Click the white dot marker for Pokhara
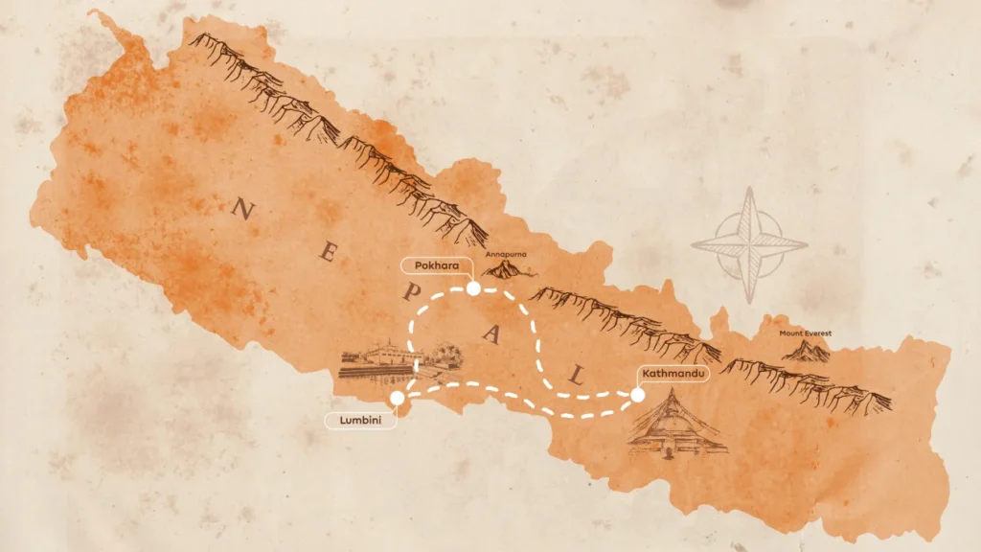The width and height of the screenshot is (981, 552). (x=472, y=287)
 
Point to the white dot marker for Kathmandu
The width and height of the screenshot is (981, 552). (x=637, y=394)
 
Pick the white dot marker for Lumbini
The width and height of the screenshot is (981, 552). (x=397, y=398)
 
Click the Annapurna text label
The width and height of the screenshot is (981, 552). (x=507, y=256)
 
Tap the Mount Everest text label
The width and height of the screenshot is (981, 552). (x=805, y=333)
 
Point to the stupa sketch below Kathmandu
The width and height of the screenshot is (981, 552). (x=677, y=427)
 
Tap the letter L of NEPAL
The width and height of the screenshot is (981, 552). (x=576, y=375)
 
